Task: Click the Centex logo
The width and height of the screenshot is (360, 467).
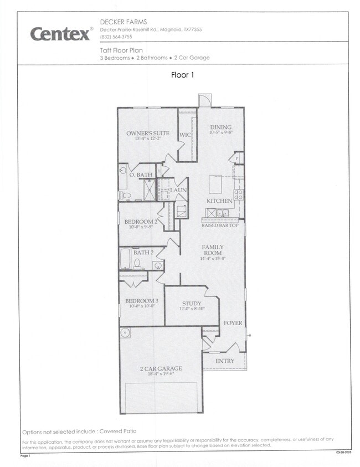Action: pyautogui.click(x=61, y=33)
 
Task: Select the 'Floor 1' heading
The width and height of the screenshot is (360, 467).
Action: pyautogui.click(x=183, y=75)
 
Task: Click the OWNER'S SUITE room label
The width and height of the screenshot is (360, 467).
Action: pyautogui.click(x=148, y=133)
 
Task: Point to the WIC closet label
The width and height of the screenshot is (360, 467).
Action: pyautogui.click(x=186, y=135)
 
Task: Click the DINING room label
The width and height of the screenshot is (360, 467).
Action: pyautogui.click(x=220, y=127)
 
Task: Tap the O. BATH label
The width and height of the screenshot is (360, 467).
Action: pyautogui.click(x=141, y=175)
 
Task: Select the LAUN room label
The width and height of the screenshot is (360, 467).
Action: pyautogui.click(x=178, y=190)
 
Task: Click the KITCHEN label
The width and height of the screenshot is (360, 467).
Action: pyautogui.click(x=219, y=201)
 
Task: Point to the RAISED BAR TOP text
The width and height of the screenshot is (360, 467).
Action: pyautogui.click(x=220, y=225)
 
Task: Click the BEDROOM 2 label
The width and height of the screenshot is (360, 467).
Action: pyautogui.click(x=141, y=222)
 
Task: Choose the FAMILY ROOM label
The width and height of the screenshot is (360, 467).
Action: pyautogui.click(x=213, y=250)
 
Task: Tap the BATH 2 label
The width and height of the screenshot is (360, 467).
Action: pyautogui.click(x=143, y=252)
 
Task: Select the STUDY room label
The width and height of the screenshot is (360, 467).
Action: pyautogui.click(x=192, y=304)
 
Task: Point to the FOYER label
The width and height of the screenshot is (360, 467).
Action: pyautogui.click(x=233, y=323)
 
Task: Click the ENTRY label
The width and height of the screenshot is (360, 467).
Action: pyautogui.click(x=225, y=361)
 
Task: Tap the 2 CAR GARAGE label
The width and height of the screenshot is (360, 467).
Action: pyautogui.click(x=162, y=368)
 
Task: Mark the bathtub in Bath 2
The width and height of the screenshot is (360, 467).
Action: pyautogui.click(x=125, y=260)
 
